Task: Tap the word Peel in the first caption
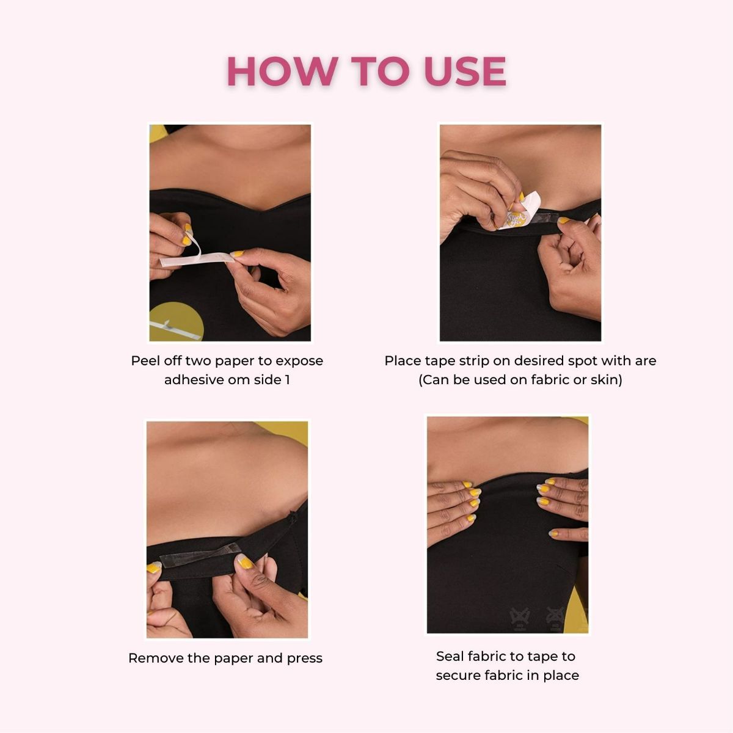point(145,361)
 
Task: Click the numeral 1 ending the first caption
point(287,380)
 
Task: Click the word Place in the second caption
point(401,361)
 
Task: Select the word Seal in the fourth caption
point(450,657)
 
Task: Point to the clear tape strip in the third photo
point(195,555)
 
